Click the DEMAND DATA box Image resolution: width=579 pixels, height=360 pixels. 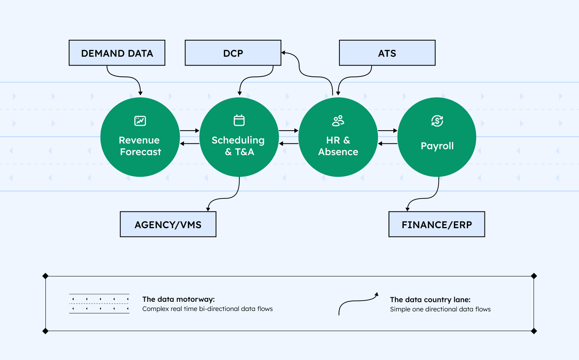click(x=117, y=53)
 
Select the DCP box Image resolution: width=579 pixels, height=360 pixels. click(x=233, y=53)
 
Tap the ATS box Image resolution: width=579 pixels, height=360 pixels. click(x=387, y=53)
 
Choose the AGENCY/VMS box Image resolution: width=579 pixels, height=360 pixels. click(x=168, y=225)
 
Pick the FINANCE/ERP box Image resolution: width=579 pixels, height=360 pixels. click(x=437, y=225)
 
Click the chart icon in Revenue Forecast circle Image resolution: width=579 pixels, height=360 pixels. click(x=140, y=121)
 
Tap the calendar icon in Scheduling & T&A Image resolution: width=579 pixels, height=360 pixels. click(x=239, y=120)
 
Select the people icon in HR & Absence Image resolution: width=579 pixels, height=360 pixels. click(x=338, y=121)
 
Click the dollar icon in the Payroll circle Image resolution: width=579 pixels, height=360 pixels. click(x=437, y=121)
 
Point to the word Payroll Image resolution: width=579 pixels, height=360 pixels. click(x=437, y=146)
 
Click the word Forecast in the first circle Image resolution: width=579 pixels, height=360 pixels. click(x=140, y=152)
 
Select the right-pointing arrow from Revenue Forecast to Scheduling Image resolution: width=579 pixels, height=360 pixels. click(x=189, y=131)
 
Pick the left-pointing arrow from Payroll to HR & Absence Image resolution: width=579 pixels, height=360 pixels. click(x=388, y=143)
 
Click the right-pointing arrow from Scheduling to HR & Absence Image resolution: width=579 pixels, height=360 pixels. click(x=288, y=131)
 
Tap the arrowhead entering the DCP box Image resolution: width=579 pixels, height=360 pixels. click(x=283, y=53)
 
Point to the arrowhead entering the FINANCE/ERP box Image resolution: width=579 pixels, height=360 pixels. click(x=408, y=209)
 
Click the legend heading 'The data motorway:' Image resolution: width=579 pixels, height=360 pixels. click(x=179, y=299)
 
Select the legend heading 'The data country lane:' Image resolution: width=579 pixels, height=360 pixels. click(x=430, y=300)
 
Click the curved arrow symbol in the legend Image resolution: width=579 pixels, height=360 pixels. click(x=358, y=304)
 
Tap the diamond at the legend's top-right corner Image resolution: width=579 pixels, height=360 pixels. click(x=534, y=276)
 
